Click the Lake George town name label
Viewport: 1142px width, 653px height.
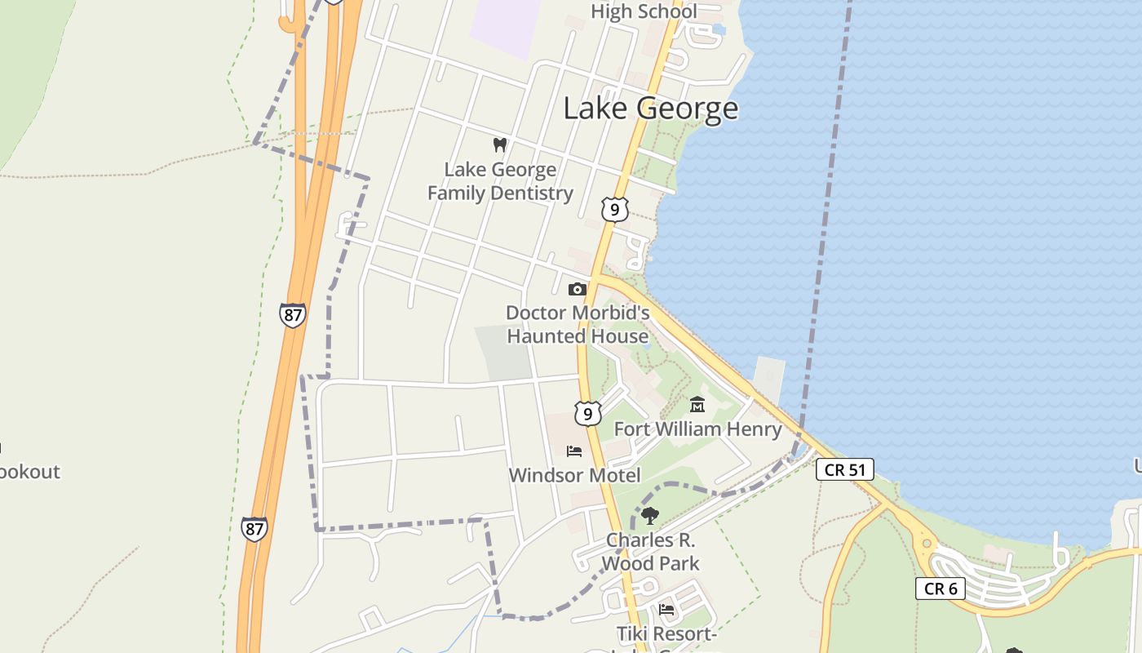click(650, 109)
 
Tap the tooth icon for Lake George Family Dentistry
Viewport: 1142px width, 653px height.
click(500, 145)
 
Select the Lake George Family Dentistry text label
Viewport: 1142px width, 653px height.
click(500, 181)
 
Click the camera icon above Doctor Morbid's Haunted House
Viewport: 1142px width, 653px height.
click(577, 289)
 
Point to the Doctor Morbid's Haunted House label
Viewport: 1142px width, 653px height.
click(578, 324)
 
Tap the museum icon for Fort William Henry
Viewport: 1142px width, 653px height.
click(697, 404)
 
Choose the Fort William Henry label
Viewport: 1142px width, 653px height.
click(697, 429)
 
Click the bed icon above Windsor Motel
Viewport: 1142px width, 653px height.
click(574, 451)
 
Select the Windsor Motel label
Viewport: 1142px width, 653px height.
click(574, 475)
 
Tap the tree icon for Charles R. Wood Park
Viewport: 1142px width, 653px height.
click(650, 515)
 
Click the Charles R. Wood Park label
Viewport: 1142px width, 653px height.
click(651, 552)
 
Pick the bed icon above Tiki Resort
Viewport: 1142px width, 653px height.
click(666, 609)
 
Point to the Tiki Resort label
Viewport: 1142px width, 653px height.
click(666, 634)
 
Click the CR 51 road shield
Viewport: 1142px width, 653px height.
click(844, 469)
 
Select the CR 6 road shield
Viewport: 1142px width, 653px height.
click(940, 588)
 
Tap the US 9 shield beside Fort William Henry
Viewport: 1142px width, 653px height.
click(587, 413)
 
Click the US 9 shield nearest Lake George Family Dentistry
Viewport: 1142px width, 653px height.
click(615, 210)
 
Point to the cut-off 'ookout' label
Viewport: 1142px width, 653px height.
click(29, 472)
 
